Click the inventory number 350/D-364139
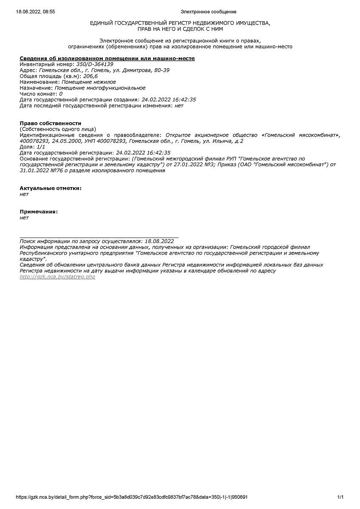[95, 64]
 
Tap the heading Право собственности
[50, 123]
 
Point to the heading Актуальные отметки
[51, 188]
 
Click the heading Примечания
[39, 212]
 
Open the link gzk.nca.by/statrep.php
[57, 277]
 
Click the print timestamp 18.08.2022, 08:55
[35, 12]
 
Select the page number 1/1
[340, 497]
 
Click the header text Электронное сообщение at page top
[208, 12]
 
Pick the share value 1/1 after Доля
[41, 146]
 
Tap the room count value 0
[61, 94]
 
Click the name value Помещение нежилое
[89, 82]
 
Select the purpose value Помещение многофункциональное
[100, 88]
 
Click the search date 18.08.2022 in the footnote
[159, 241]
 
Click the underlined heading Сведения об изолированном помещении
[107, 58]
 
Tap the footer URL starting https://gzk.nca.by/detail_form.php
[132, 497]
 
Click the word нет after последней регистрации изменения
[179, 106]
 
